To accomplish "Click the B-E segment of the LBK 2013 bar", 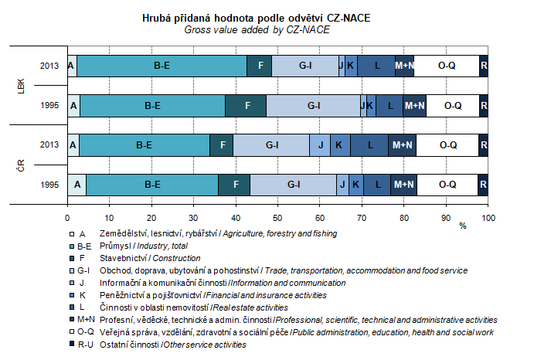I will (x=162, y=66).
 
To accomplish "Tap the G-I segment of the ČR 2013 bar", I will (x=272, y=144).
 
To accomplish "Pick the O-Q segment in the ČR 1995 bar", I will (x=447, y=184).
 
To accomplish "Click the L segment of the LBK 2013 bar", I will (x=376, y=66).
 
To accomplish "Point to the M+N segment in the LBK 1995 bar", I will (x=414, y=105).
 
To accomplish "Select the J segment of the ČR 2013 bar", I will (x=320, y=144).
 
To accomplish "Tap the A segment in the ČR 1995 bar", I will (x=77, y=184).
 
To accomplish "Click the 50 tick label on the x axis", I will (x=277, y=217).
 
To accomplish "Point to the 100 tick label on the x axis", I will (x=488, y=217).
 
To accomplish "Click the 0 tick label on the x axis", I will (x=68, y=217).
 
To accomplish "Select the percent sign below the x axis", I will (x=463, y=226).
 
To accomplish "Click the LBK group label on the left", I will (x=22, y=85).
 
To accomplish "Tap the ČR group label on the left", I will (x=22, y=164).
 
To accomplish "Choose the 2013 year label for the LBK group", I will (x=50, y=66).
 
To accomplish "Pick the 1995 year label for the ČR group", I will (x=50, y=184).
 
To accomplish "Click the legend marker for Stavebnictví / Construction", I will (x=72, y=258).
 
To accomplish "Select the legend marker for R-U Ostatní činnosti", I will (x=72, y=345).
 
